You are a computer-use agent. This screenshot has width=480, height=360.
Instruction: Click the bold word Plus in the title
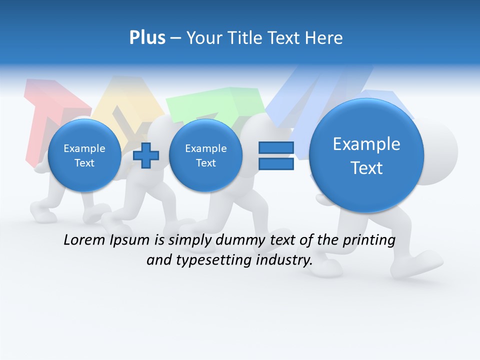(147, 38)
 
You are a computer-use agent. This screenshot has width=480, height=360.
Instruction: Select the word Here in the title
(324, 38)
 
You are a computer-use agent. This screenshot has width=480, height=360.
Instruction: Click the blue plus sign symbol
(146, 155)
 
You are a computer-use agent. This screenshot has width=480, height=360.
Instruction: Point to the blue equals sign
(275, 155)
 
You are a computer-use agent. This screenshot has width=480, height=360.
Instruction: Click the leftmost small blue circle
(84, 155)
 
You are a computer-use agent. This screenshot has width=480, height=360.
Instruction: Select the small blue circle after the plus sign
(205, 155)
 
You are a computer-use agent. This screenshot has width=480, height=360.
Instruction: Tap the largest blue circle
(366, 155)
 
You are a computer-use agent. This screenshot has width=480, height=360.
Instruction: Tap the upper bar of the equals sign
(275, 147)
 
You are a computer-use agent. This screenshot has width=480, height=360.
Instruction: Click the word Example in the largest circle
(366, 144)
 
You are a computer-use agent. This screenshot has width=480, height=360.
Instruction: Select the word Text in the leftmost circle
(84, 163)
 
